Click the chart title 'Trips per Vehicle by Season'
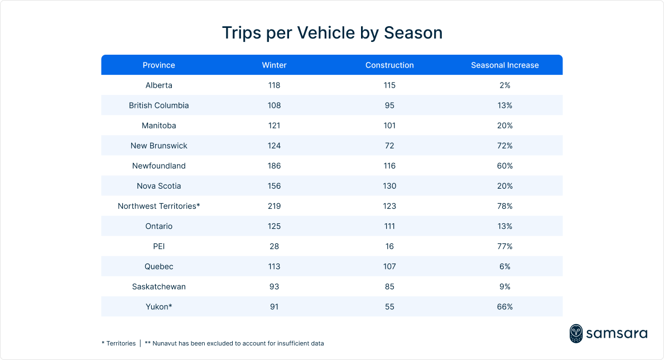pos(332,33)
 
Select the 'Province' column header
pos(158,65)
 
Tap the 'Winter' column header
pos(274,65)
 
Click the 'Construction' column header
pos(389,65)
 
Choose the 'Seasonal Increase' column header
pos(504,65)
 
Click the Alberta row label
pos(158,85)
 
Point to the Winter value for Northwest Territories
pos(274,206)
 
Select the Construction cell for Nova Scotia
pos(389,186)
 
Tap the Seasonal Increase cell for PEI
pos(504,246)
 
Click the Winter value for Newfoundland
pos(274,166)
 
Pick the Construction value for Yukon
pos(389,306)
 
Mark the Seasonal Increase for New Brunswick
pos(504,146)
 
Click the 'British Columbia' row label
pos(158,105)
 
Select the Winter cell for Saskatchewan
pos(274,286)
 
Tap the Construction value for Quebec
pos(389,266)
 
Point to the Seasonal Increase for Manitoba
pos(504,126)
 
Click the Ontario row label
pos(158,226)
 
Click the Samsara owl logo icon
pos(576,333)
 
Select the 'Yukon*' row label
pos(158,306)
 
